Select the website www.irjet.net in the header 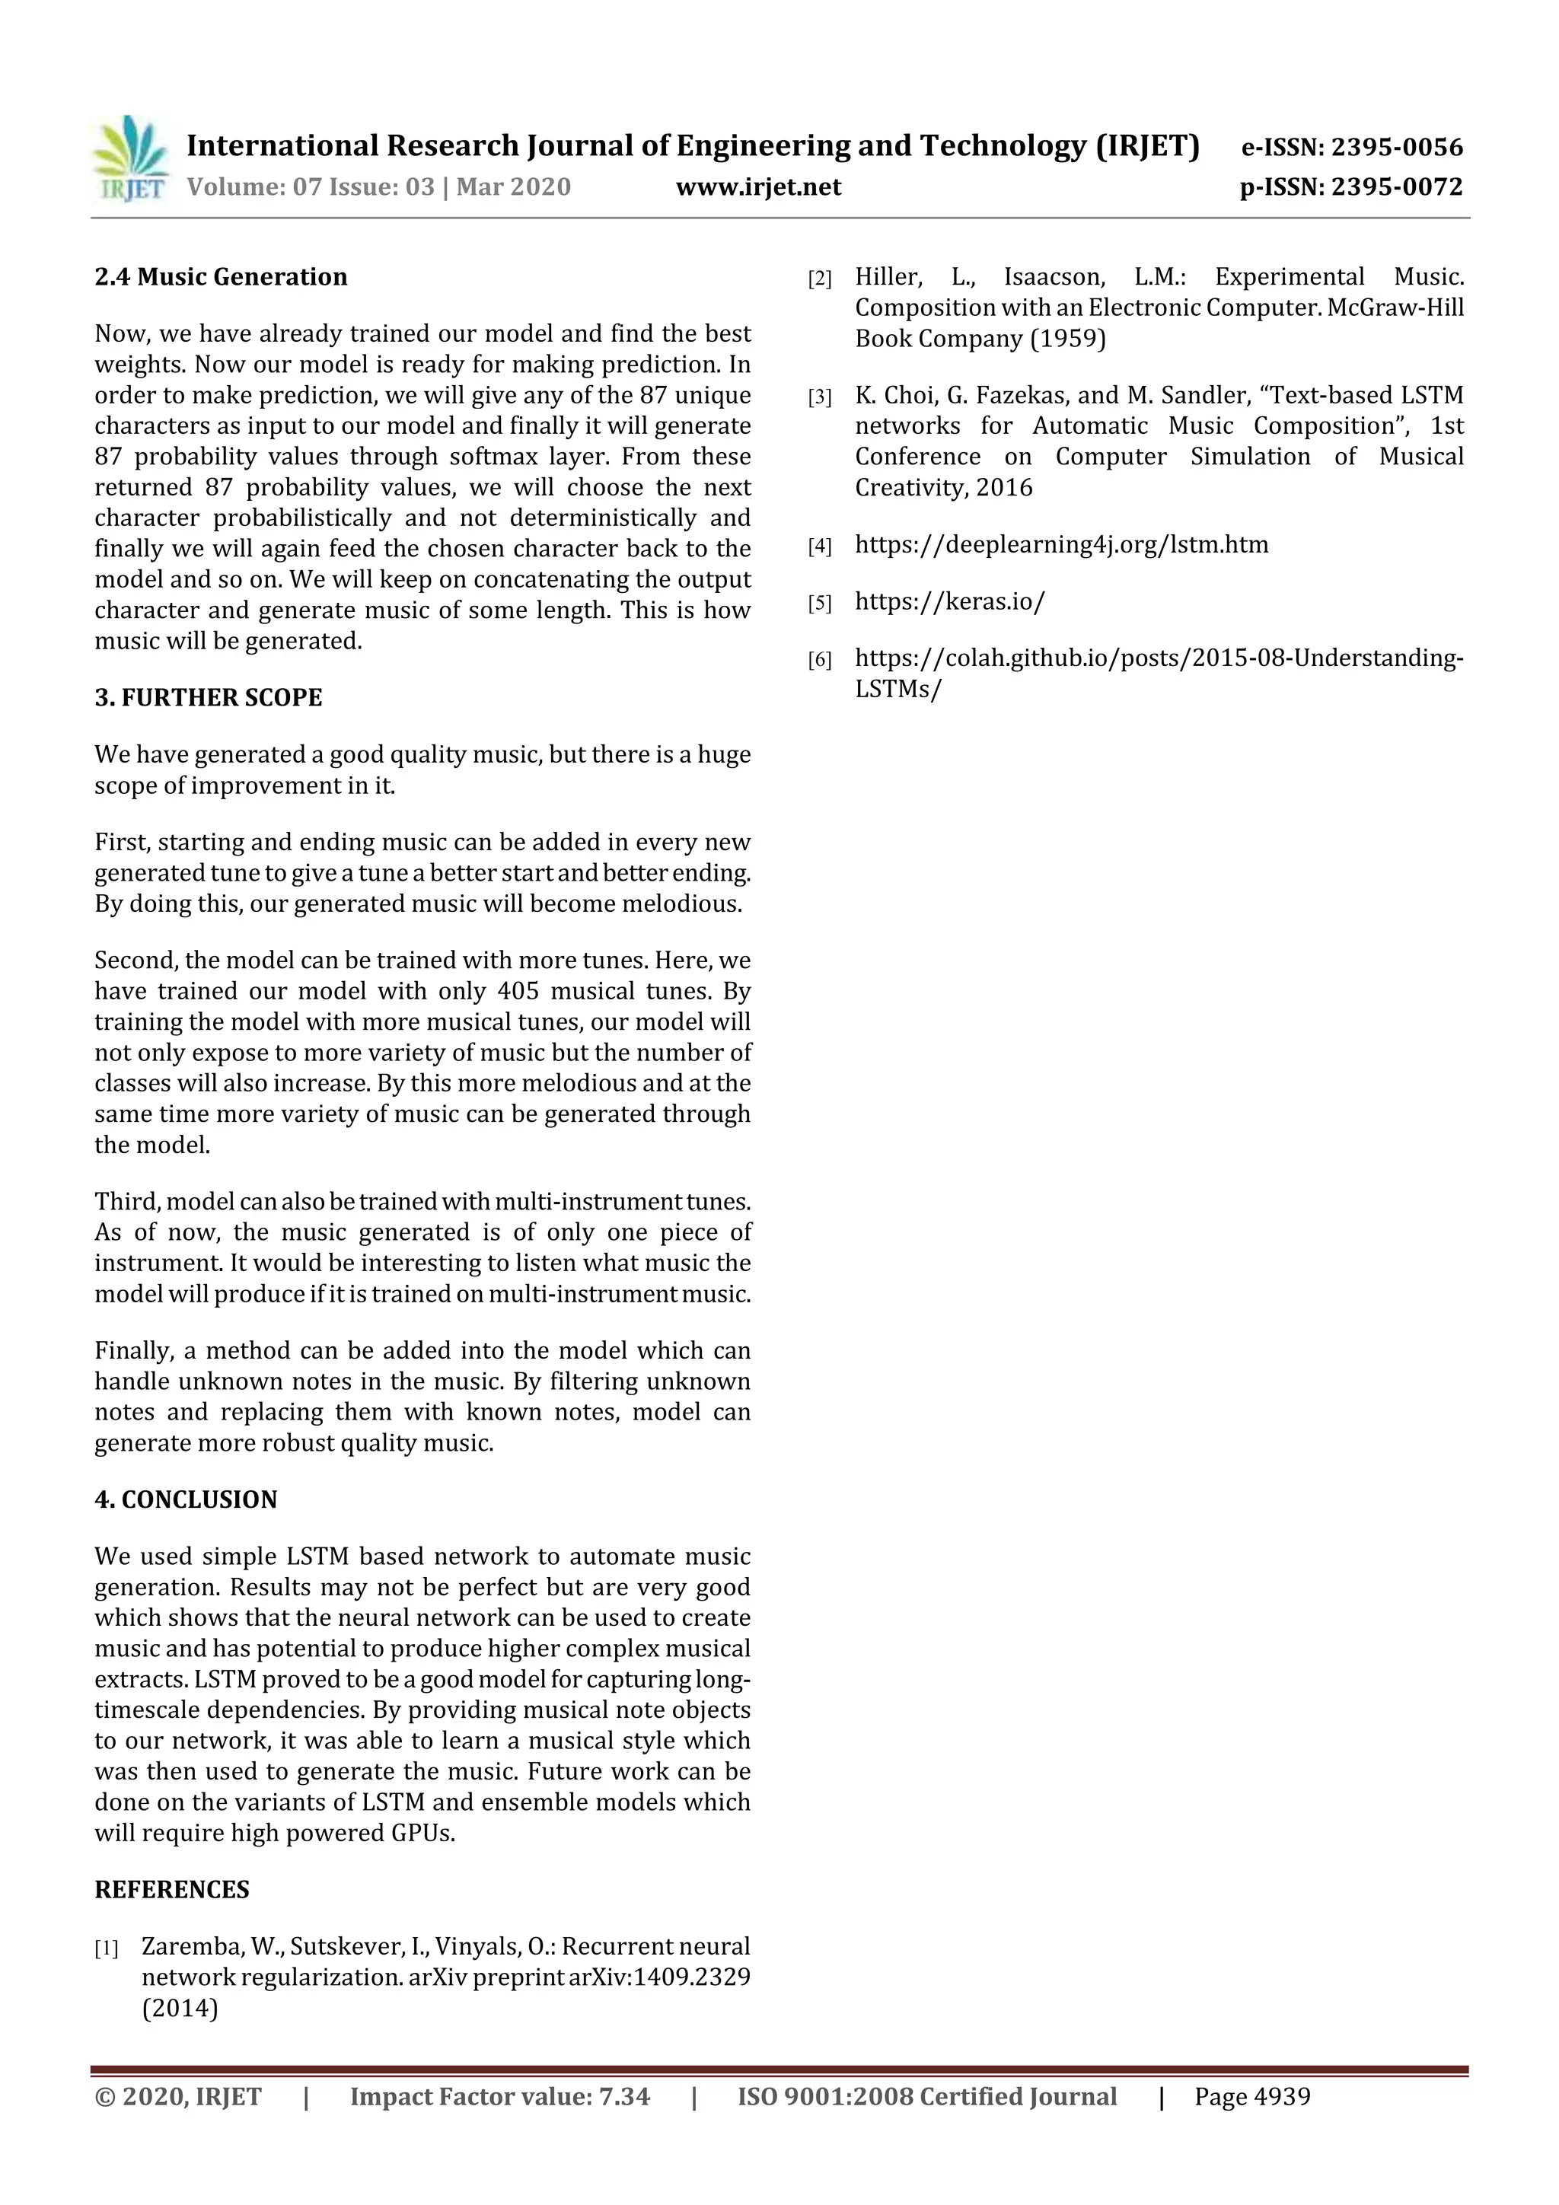[x=758, y=186]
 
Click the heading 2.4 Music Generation [x=221, y=276]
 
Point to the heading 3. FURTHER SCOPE [x=209, y=697]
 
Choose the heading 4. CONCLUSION [x=186, y=1499]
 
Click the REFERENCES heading [x=172, y=1889]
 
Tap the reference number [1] [x=107, y=1948]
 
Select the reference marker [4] [x=819, y=546]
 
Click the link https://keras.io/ [x=949, y=601]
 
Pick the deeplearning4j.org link [x=1061, y=544]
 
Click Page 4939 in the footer [x=1251, y=2095]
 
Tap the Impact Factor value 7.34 [x=624, y=2095]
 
